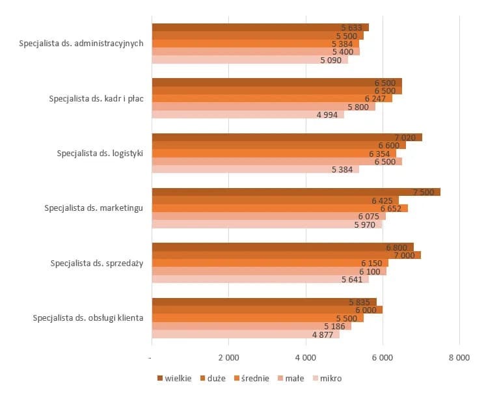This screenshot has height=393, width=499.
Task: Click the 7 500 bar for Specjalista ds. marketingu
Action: coord(296,192)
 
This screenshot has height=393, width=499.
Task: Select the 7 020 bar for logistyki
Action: coord(287,137)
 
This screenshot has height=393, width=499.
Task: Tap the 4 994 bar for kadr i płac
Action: coord(248,115)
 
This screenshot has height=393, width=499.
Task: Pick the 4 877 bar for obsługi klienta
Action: coord(246,334)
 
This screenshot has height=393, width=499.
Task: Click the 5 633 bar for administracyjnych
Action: coord(260,27)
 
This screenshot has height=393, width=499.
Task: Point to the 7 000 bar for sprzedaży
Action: coord(286,255)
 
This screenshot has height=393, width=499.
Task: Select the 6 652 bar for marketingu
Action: coord(280,208)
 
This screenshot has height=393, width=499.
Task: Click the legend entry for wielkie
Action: coord(174,378)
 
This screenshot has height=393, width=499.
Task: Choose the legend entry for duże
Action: coord(213,378)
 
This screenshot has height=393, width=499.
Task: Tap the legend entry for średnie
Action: coord(251,378)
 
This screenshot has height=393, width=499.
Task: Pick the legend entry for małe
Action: coord(291,378)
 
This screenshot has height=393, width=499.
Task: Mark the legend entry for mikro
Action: coord(327,378)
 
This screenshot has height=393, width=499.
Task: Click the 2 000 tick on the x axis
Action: coord(228,357)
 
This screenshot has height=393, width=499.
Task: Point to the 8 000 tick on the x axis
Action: coord(459,357)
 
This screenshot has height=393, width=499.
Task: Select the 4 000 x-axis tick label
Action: coord(305,357)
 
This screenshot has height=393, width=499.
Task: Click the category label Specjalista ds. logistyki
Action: coord(100,154)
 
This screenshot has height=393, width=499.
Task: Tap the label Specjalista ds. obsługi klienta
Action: coord(87,318)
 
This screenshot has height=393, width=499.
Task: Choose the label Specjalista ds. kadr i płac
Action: coord(96,99)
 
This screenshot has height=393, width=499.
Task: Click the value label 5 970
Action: coord(365,225)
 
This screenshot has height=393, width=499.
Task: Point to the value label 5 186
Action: coord(334,326)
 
